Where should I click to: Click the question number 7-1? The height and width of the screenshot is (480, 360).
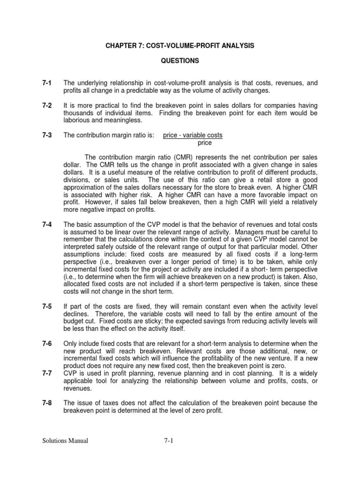click(x=46, y=83)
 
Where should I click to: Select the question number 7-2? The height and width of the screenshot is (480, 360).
click(x=46, y=105)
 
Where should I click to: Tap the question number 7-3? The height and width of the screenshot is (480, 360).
click(x=46, y=135)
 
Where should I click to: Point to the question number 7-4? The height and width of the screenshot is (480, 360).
click(x=46, y=225)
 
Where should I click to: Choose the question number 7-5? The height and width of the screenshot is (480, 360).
click(x=46, y=307)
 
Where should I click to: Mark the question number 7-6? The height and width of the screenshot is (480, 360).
click(x=46, y=344)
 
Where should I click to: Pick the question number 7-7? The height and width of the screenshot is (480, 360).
click(x=46, y=374)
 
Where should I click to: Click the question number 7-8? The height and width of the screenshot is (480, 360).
click(x=46, y=403)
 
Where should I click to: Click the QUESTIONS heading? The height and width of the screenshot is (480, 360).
click(x=180, y=61)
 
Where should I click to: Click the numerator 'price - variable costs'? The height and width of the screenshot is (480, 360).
click(x=193, y=135)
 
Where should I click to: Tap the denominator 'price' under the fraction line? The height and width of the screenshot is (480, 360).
click(x=205, y=142)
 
